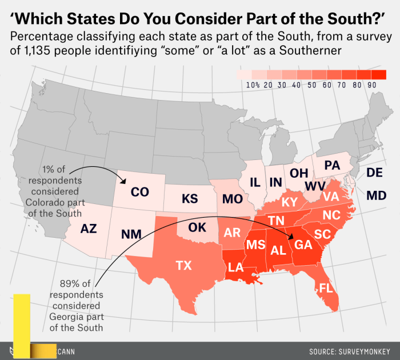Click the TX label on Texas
point(183,266)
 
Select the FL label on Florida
point(326,288)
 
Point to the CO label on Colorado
point(140,192)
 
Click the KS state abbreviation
point(190,199)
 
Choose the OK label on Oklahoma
point(197,227)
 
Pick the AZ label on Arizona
point(89,229)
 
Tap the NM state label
point(131,234)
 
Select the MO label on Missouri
point(233,199)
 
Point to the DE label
point(375,173)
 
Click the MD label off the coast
point(376,195)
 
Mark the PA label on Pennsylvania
point(331,165)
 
